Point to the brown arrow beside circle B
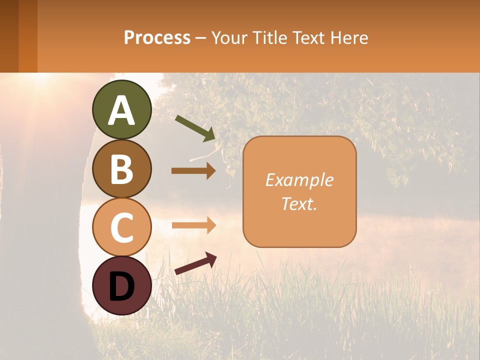click(193, 171)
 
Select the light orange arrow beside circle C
click(193, 224)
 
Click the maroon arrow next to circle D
click(195, 264)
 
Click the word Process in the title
click(157, 38)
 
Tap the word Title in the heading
click(269, 38)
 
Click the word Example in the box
click(299, 180)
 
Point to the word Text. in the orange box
click(299, 204)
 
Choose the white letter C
click(122, 228)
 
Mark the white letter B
click(122, 169)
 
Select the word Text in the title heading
click(308, 38)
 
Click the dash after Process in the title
click(201, 38)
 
